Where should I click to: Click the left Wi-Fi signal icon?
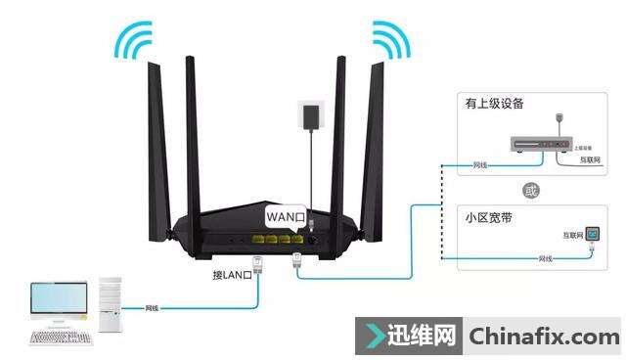click(133, 40)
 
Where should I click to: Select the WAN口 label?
click(287, 214)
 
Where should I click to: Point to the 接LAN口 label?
click(233, 274)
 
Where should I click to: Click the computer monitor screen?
click(60, 297)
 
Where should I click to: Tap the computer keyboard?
click(60, 337)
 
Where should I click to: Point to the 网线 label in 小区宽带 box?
click(545, 259)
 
